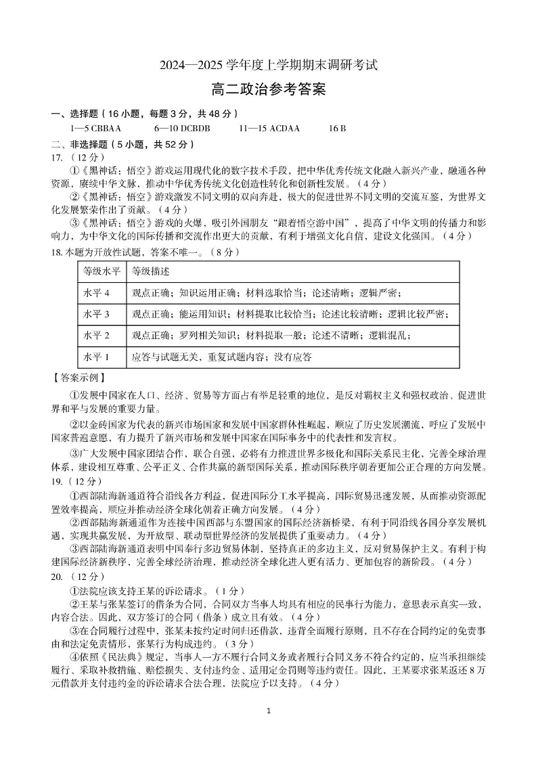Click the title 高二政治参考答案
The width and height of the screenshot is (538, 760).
(269, 89)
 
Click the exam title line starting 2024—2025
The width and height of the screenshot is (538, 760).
(269, 66)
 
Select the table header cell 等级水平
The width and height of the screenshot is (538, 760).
(102, 271)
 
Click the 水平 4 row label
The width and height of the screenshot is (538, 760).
(96, 293)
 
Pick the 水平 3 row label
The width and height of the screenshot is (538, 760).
(96, 314)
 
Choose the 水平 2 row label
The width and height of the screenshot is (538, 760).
(96, 335)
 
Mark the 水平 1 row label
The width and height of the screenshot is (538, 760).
(96, 356)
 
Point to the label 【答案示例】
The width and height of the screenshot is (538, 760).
(79, 376)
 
